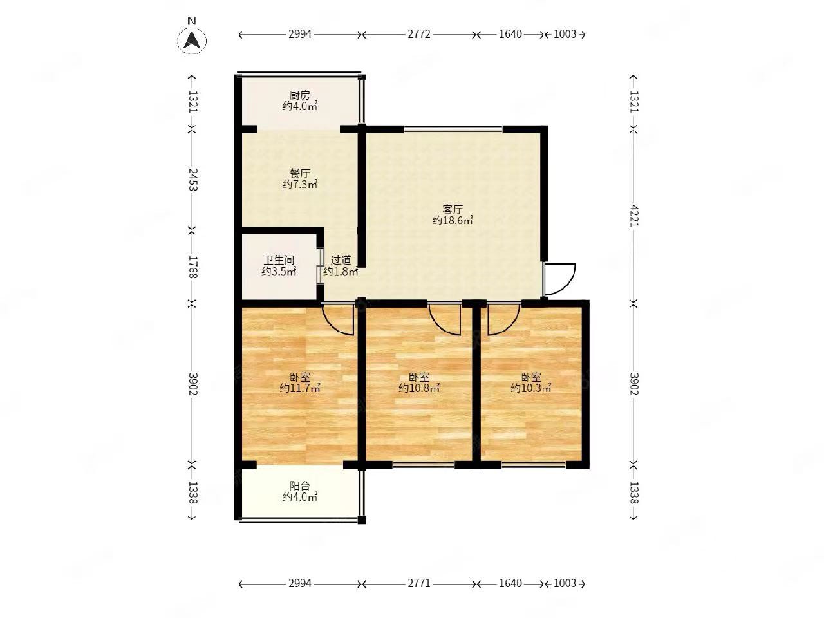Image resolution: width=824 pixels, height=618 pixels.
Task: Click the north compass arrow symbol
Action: click(x=191, y=41)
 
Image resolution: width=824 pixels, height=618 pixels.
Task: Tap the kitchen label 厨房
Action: click(x=299, y=95)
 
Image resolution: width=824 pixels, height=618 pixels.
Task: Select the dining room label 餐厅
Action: click(x=299, y=173)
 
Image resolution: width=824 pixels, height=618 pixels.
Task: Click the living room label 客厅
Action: click(x=453, y=209)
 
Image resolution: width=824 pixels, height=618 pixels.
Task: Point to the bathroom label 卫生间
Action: click(x=279, y=259)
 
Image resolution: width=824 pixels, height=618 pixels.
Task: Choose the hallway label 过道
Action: click(x=341, y=259)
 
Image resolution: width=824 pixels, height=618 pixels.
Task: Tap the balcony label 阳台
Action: click(x=299, y=486)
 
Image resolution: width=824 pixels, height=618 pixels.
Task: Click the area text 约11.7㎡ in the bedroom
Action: click(x=299, y=388)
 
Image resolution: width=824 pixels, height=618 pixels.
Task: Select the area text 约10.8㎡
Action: click(x=419, y=388)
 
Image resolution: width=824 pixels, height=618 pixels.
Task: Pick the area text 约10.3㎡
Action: click(x=531, y=388)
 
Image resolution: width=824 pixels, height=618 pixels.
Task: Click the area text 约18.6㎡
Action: click(x=453, y=220)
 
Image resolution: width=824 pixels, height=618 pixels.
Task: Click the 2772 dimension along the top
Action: click(x=419, y=35)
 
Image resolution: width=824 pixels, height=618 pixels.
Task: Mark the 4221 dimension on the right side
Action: click(x=633, y=215)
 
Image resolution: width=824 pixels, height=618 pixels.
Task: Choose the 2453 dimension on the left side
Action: click(x=192, y=179)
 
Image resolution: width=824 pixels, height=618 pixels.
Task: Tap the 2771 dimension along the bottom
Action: click(x=419, y=583)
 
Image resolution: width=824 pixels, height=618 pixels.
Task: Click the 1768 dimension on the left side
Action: click(x=192, y=267)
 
